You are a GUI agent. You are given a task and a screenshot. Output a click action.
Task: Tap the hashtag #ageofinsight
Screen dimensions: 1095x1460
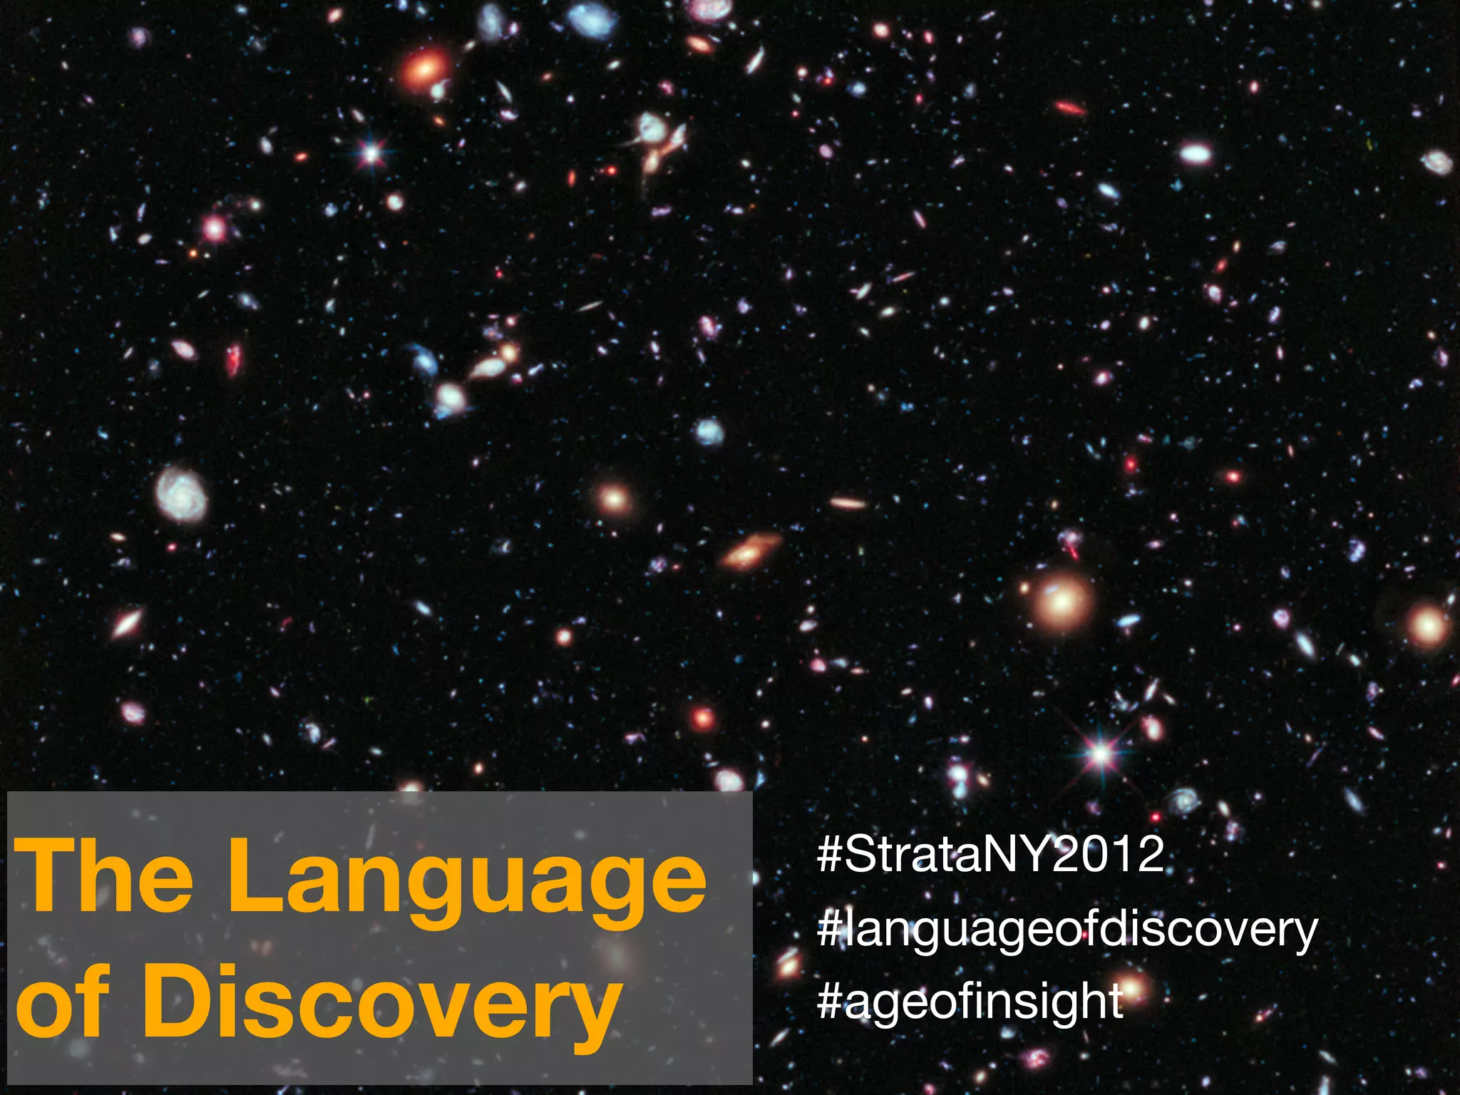click(x=970, y=1001)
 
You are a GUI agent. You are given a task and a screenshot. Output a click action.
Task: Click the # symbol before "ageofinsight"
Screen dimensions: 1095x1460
click(x=830, y=1001)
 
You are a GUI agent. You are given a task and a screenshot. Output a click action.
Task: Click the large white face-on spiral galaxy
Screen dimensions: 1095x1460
click(x=181, y=493)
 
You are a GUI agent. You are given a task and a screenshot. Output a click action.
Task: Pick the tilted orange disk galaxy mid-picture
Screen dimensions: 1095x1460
click(x=749, y=550)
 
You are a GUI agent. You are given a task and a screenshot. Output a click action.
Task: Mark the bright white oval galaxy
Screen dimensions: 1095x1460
click(x=1195, y=153)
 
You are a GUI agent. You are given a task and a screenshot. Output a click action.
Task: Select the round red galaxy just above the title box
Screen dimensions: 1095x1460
click(x=703, y=719)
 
